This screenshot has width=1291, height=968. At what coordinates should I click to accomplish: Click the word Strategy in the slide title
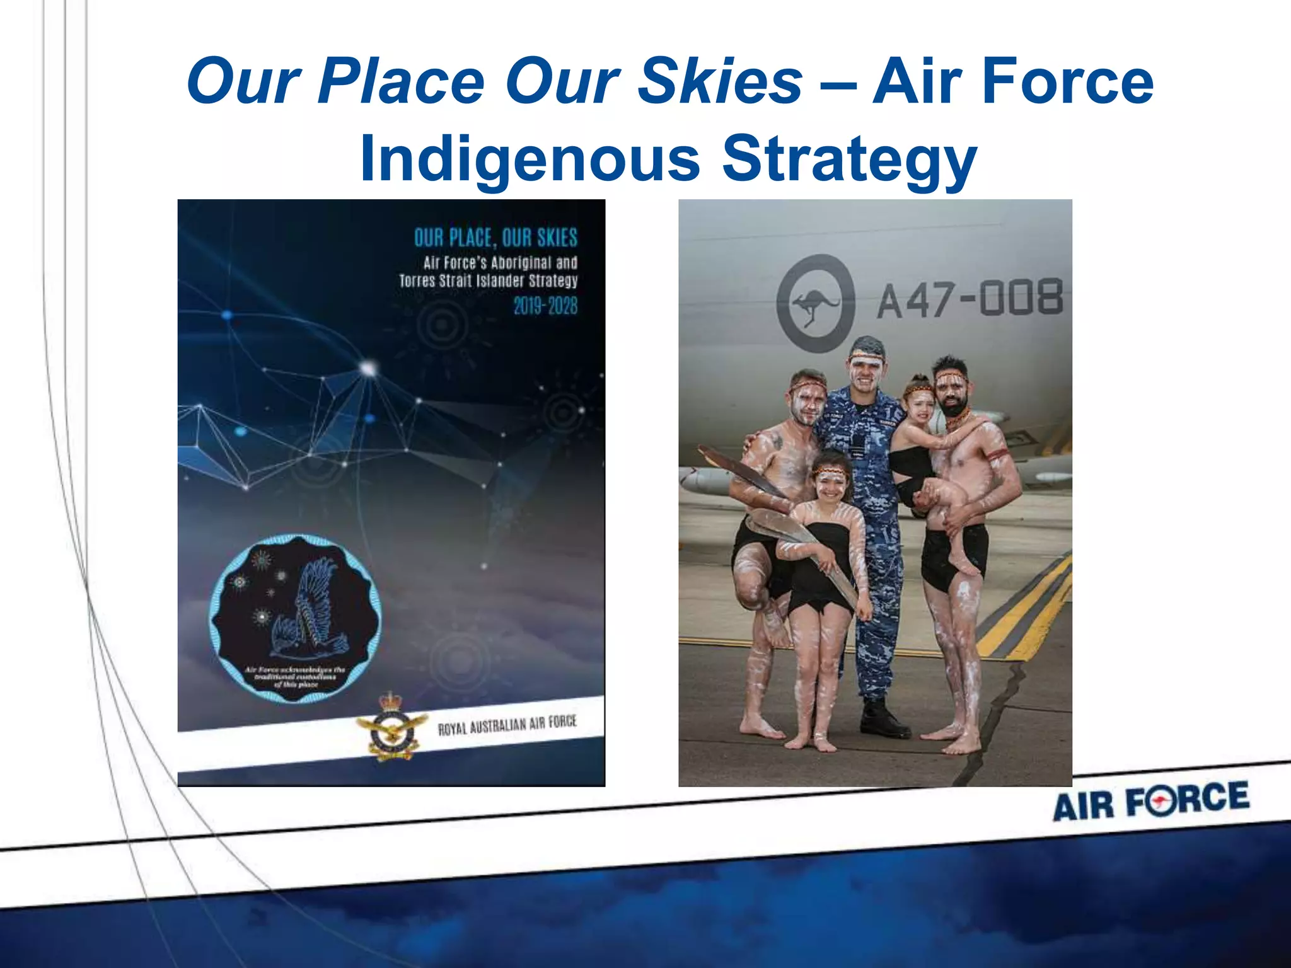tap(849, 159)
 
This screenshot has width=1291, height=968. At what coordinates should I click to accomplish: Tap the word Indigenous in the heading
tap(530, 159)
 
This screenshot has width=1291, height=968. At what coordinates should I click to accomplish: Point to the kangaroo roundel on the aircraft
tap(816, 304)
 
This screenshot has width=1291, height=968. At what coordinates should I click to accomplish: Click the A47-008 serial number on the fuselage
tap(970, 299)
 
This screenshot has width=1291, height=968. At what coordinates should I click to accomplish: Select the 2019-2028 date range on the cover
tap(545, 306)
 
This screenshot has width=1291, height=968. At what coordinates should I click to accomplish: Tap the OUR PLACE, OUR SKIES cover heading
tap(495, 238)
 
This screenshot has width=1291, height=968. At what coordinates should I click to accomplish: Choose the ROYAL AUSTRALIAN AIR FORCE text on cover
tap(507, 725)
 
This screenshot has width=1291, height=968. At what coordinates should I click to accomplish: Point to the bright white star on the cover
tap(368, 367)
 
